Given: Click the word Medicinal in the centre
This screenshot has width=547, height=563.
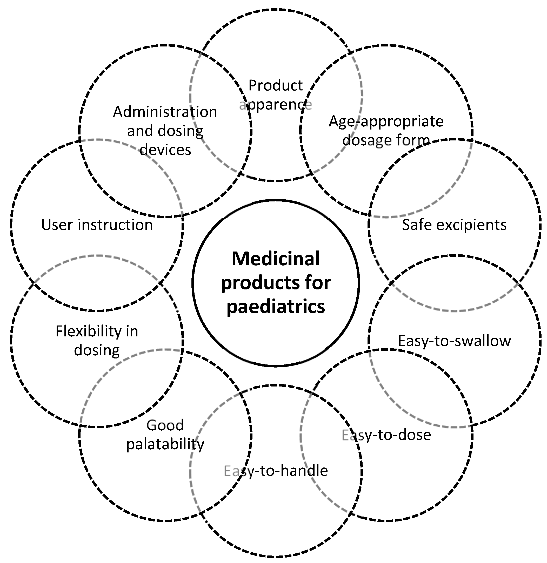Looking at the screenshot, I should [275, 259].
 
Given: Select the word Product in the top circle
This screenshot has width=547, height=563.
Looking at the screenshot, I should [275, 86].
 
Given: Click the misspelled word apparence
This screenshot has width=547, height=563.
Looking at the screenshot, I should [275, 105].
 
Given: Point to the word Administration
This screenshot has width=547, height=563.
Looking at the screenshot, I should [165, 112].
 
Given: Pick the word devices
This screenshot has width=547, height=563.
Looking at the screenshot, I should [165, 150].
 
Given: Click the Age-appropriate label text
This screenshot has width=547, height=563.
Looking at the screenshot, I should [386, 121].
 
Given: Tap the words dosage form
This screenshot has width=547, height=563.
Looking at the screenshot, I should [386, 140].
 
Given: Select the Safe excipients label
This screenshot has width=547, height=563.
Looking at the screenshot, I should [454, 225].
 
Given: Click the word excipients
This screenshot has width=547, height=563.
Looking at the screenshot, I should [471, 225].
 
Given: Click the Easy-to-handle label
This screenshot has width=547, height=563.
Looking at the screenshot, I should [275, 471].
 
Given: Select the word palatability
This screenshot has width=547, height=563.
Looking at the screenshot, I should [165, 444].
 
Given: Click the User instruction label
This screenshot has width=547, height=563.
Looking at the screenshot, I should [97, 225].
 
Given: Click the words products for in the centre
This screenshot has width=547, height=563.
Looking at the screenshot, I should [275, 283].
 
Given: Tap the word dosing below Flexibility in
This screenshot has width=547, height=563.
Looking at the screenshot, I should [97, 350].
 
